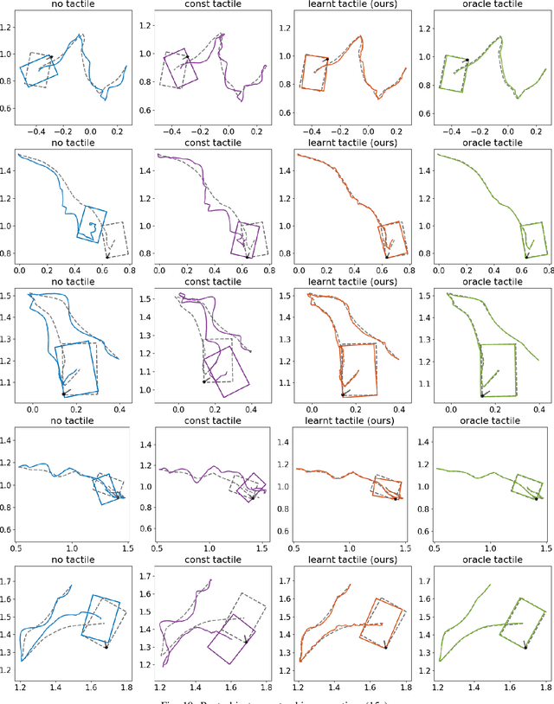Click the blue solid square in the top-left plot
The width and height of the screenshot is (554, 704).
coord(39,69)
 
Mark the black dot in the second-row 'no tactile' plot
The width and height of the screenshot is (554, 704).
coord(107,256)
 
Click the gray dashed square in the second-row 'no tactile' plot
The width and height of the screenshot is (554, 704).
coord(114,239)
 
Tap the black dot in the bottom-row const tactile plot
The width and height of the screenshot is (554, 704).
coord(246,642)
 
